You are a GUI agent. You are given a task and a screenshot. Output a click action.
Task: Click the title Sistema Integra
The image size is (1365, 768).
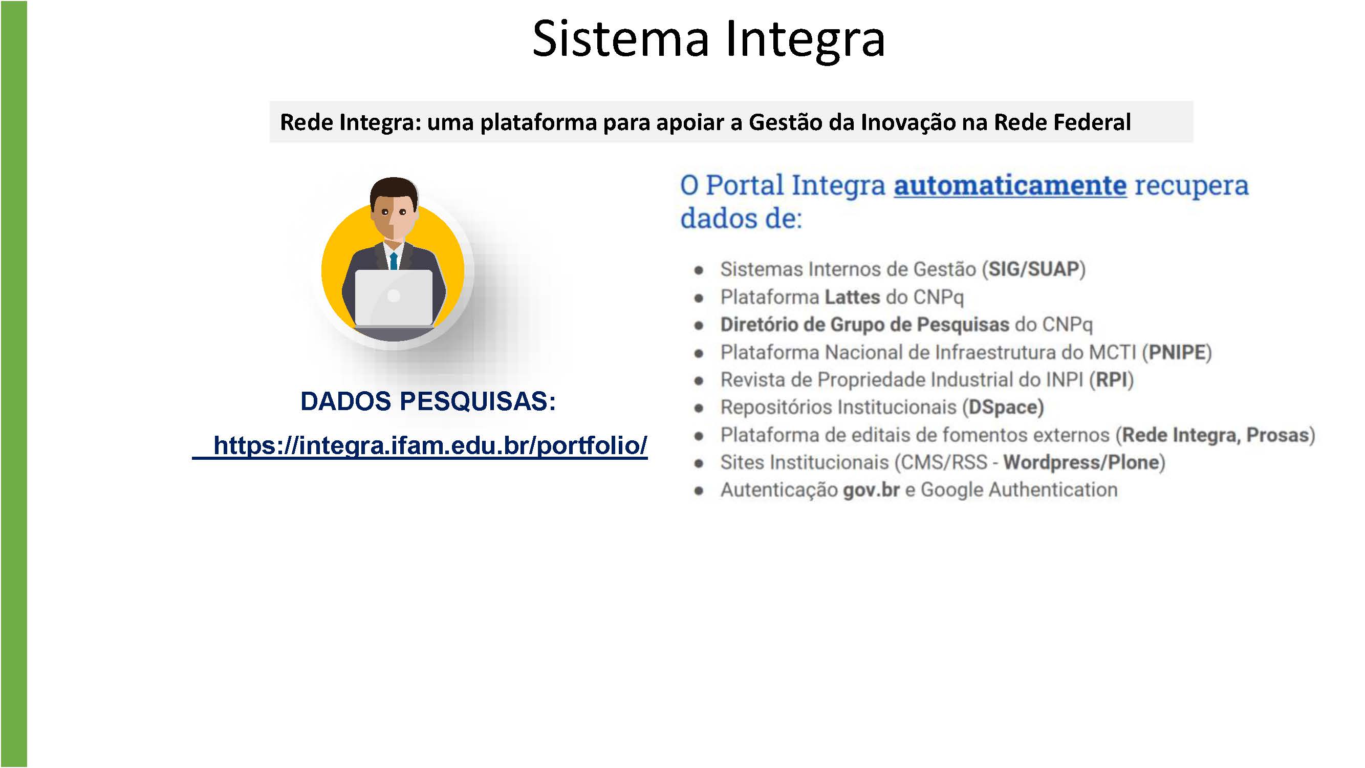click(708, 39)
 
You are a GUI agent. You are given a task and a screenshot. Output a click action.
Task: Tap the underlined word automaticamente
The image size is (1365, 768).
click(1010, 185)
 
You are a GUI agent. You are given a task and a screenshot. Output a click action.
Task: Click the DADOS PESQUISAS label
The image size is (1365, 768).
click(428, 401)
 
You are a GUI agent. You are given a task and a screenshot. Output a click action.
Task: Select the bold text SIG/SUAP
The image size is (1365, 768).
click(1034, 269)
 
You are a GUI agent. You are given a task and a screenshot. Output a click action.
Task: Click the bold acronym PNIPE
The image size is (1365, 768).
click(1177, 352)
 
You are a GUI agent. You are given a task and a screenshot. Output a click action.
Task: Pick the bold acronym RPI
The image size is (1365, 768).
click(1111, 380)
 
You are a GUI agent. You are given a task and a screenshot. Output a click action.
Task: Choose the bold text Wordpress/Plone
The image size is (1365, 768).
click(1081, 463)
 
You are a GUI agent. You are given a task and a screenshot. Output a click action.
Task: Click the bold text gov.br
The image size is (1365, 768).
click(871, 490)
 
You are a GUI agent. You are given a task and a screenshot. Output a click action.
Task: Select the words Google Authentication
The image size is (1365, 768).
click(1019, 490)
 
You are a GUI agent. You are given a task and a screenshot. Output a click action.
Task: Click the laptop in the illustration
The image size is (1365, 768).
click(394, 298)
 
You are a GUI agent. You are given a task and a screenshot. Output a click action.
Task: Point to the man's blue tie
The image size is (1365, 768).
click(394, 261)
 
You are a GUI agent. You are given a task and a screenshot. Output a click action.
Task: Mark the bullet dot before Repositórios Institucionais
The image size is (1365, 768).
click(699, 409)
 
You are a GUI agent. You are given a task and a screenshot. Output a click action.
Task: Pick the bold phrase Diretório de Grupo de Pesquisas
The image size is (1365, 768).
click(865, 325)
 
